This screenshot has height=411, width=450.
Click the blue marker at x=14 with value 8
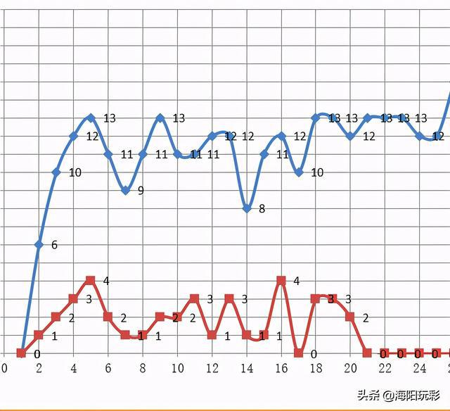tap(247, 208)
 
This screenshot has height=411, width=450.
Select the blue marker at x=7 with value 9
tap(125, 190)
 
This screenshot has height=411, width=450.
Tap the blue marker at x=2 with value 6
tap(39, 244)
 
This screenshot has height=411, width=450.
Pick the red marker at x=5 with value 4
tap(91, 281)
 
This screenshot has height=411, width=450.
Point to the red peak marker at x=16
tap(281, 281)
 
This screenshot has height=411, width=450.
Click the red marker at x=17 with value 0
tap(299, 353)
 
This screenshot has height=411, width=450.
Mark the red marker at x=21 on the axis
tap(367, 353)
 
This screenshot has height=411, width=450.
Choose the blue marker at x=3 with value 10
tap(56, 172)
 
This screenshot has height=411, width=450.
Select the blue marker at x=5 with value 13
tap(91, 118)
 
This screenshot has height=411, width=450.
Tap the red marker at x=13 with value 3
tap(229, 298)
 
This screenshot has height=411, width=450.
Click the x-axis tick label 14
tap(246, 368)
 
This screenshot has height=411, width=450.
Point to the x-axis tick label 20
tap(349, 368)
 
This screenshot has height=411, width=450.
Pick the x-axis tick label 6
tap(108, 368)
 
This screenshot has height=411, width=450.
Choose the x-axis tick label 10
tap(177, 368)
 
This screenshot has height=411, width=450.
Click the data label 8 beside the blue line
tap(262, 209)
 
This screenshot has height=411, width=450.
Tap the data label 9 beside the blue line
tap(141, 191)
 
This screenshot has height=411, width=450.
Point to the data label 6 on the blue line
tap(54, 246)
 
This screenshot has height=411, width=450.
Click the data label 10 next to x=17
tap(316, 172)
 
